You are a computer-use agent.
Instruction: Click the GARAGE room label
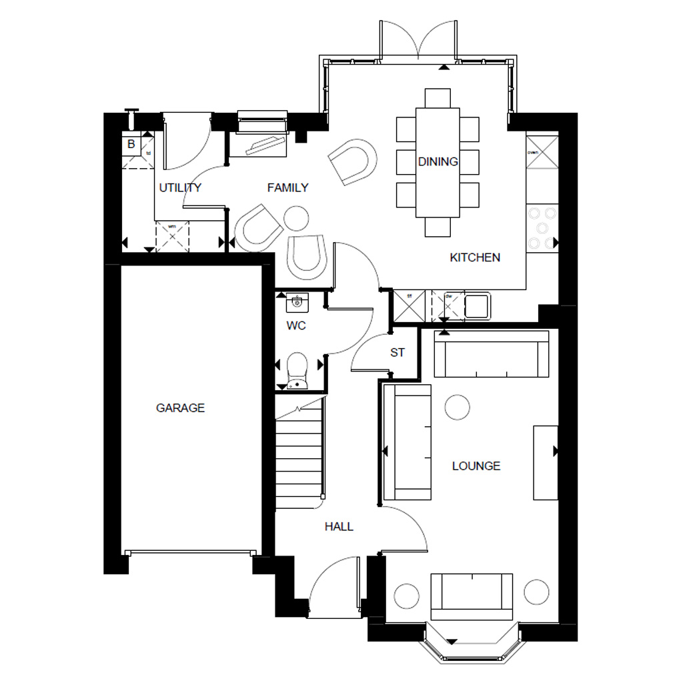point(180,408)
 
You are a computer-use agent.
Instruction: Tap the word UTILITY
point(180,187)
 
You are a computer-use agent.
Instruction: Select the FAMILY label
point(287,187)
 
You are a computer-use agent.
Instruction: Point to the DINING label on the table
point(438,161)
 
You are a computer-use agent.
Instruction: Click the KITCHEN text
point(475,257)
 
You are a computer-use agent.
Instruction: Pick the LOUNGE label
point(476,466)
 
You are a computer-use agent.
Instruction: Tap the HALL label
point(339,526)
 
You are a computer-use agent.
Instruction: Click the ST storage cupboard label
point(398,352)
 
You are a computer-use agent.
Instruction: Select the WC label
point(295,326)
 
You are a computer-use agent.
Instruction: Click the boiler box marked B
point(131,144)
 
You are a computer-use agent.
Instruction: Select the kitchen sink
point(477,306)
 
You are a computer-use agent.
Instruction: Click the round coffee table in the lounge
point(457,407)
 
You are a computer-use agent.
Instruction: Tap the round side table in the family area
point(295,217)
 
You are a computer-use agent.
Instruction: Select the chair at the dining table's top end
point(437,97)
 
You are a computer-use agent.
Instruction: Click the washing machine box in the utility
point(173,235)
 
